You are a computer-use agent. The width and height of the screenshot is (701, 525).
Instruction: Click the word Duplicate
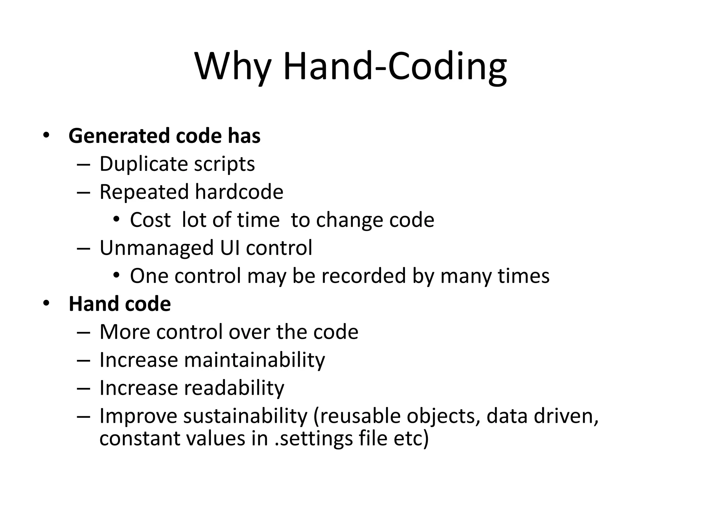pos(143,164)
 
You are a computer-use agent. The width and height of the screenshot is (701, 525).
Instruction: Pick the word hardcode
pos(239,192)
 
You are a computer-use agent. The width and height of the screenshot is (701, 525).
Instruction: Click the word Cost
pos(150,220)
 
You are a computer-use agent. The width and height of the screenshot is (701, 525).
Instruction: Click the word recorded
pos(363,276)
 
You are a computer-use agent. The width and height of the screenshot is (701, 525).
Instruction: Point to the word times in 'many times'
pos(523,276)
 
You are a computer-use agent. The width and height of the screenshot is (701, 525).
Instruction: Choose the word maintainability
pos(254,360)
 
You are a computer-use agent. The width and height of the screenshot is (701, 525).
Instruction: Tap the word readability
pos(234,388)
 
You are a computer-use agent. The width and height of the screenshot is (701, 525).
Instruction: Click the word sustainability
pos(245,416)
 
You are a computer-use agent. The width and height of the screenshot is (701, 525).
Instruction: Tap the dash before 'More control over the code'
pos(84,333)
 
